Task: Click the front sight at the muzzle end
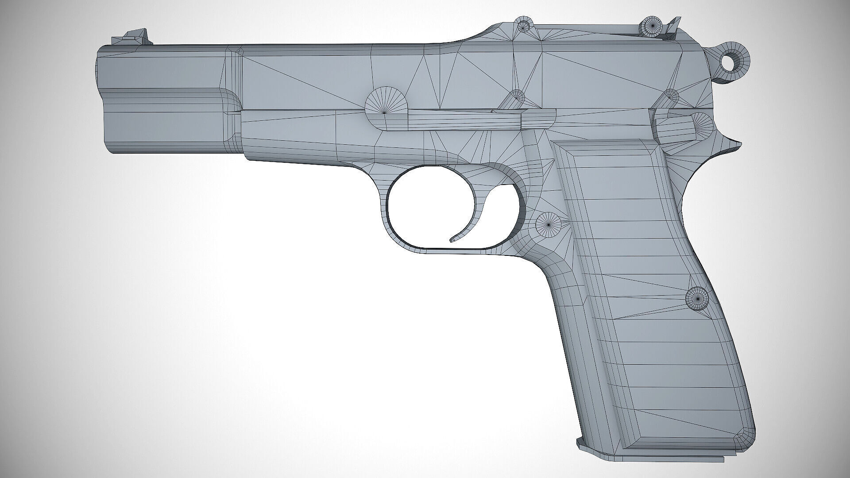tap(137, 36)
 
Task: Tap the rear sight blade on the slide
tap(673, 26)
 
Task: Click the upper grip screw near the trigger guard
tap(548, 224)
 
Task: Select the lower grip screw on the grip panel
tap(697, 299)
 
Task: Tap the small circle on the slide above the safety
tap(671, 96)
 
